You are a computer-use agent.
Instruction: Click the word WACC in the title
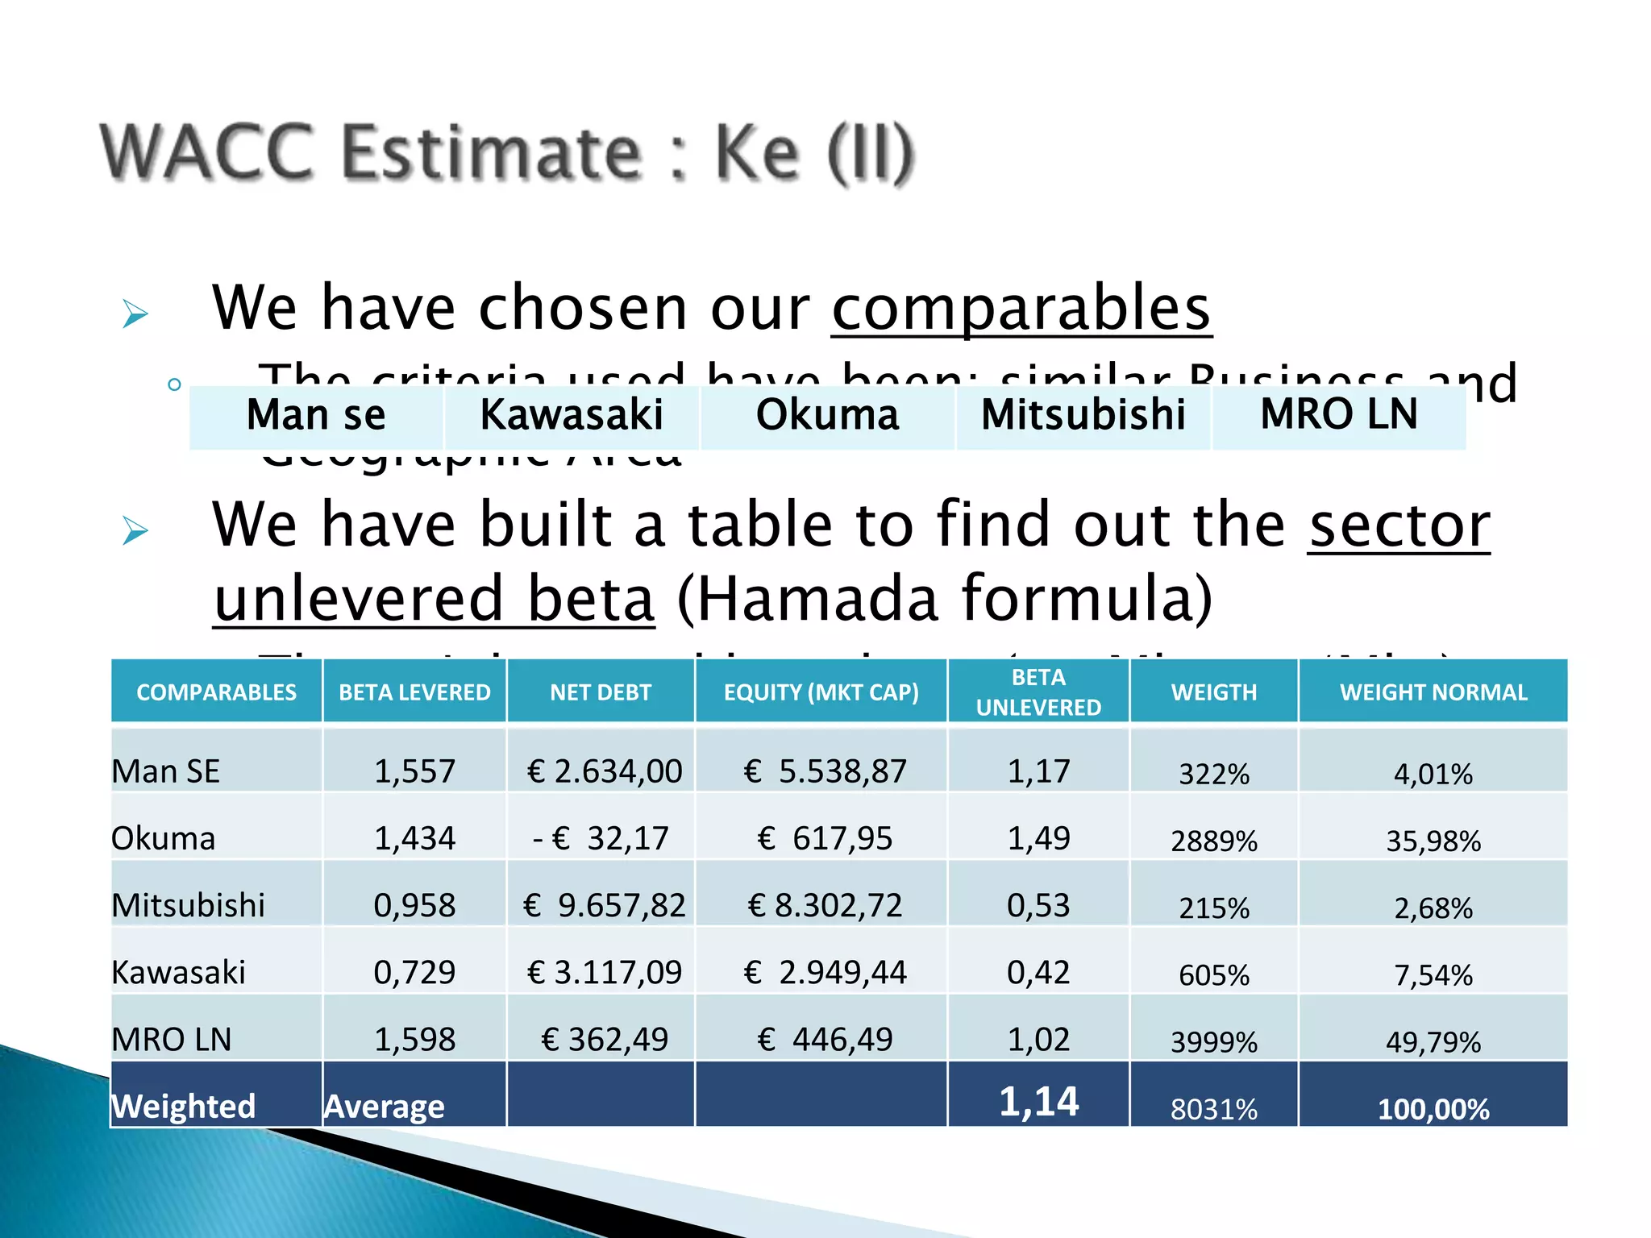click(206, 153)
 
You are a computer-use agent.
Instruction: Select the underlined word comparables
click(1021, 309)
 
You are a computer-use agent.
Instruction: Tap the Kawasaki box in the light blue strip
click(571, 415)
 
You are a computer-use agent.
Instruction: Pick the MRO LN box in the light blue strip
click(1338, 415)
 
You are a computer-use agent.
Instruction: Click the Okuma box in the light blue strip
click(827, 415)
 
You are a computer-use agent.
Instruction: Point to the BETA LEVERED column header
click(414, 692)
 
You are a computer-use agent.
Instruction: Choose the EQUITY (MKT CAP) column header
click(821, 692)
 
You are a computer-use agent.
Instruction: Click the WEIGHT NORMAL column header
click(1433, 692)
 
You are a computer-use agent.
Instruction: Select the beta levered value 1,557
click(414, 771)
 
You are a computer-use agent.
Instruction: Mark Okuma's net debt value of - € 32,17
click(601, 838)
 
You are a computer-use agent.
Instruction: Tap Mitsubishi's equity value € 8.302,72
click(824, 905)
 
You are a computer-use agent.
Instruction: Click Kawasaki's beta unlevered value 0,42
click(1038, 972)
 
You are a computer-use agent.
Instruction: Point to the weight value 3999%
click(1213, 1041)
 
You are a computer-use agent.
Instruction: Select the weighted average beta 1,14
click(1038, 1101)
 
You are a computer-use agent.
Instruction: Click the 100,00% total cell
click(1433, 1109)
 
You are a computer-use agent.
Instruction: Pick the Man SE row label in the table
click(166, 771)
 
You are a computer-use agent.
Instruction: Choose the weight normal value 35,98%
click(1433, 841)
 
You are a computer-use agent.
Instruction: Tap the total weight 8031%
click(1213, 1109)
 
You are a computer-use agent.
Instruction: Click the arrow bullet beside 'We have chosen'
click(135, 314)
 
